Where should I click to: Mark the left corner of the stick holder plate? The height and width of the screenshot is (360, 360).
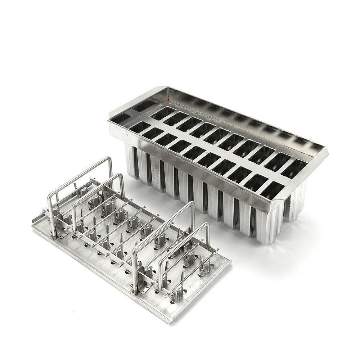(x=32, y=223)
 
